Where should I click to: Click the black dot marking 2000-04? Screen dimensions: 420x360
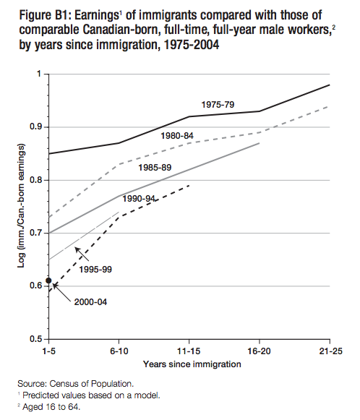pyautogui.click(x=48, y=280)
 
